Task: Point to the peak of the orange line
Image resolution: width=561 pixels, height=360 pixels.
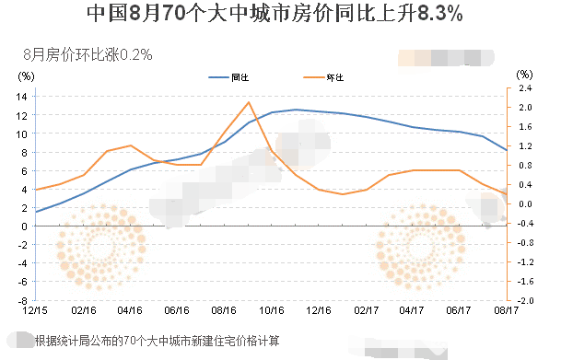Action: tap(249, 102)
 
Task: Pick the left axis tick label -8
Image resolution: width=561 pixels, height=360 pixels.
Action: tap(22, 300)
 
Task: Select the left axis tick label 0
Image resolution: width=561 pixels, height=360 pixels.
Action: tap(25, 226)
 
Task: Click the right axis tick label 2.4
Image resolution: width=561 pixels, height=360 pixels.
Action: tap(524, 88)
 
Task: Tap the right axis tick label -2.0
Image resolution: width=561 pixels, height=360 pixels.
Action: tap(523, 301)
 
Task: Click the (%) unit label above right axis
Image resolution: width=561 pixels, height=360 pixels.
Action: tap(524, 74)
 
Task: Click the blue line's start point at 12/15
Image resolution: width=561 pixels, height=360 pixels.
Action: tap(36, 212)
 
